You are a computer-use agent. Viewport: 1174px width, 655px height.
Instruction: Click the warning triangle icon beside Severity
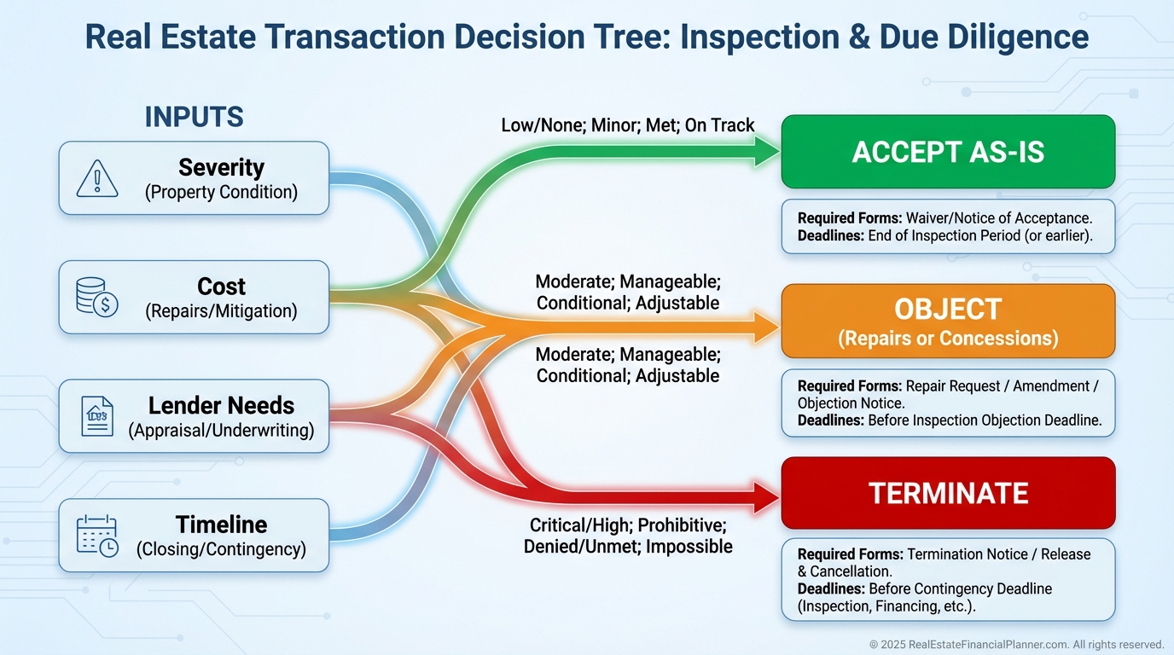pos(97,178)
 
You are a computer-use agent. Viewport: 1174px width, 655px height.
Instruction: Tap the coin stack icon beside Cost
pos(97,298)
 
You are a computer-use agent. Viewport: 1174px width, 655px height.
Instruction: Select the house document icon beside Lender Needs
pos(97,416)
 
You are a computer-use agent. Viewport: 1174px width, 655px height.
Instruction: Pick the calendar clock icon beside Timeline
pos(97,536)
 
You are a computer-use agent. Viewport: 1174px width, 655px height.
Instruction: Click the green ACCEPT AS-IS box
pos(948,152)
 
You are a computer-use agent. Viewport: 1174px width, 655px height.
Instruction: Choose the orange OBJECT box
pos(948,321)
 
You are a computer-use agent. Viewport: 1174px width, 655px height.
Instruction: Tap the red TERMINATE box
pos(948,493)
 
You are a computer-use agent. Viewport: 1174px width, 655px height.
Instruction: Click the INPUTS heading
pos(195,117)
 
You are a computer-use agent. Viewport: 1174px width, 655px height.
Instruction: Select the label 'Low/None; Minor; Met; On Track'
pos(628,125)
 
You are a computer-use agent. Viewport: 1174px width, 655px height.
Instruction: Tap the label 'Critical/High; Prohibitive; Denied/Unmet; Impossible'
pos(628,535)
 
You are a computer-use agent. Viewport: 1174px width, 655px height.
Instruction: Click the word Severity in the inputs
pos(221,167)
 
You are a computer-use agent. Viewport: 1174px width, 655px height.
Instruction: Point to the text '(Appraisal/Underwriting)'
pos(221,431)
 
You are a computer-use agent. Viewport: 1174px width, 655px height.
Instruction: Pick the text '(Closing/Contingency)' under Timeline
pos(221,549)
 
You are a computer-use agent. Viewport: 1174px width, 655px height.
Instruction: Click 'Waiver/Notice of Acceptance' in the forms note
pos(998,217)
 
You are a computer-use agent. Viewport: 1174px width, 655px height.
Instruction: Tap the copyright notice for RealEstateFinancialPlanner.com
pos(1016,645)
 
